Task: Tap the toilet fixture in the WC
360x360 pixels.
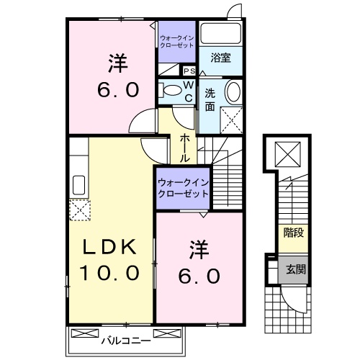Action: (x=171, y=91)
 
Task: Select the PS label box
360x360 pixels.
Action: (x=189, y=71)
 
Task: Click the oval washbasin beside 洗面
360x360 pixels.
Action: (x=234, y=92)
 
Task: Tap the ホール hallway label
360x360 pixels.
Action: (x=185, y=147)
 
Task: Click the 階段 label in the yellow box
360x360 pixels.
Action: (x=292, y=233)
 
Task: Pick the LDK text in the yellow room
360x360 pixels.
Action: (x=111, y=246)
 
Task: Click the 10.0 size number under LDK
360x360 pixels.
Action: (x=111, y=274)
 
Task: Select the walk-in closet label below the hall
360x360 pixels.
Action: (x=183, y=189)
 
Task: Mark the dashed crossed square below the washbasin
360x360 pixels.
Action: (x=233, y=117)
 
